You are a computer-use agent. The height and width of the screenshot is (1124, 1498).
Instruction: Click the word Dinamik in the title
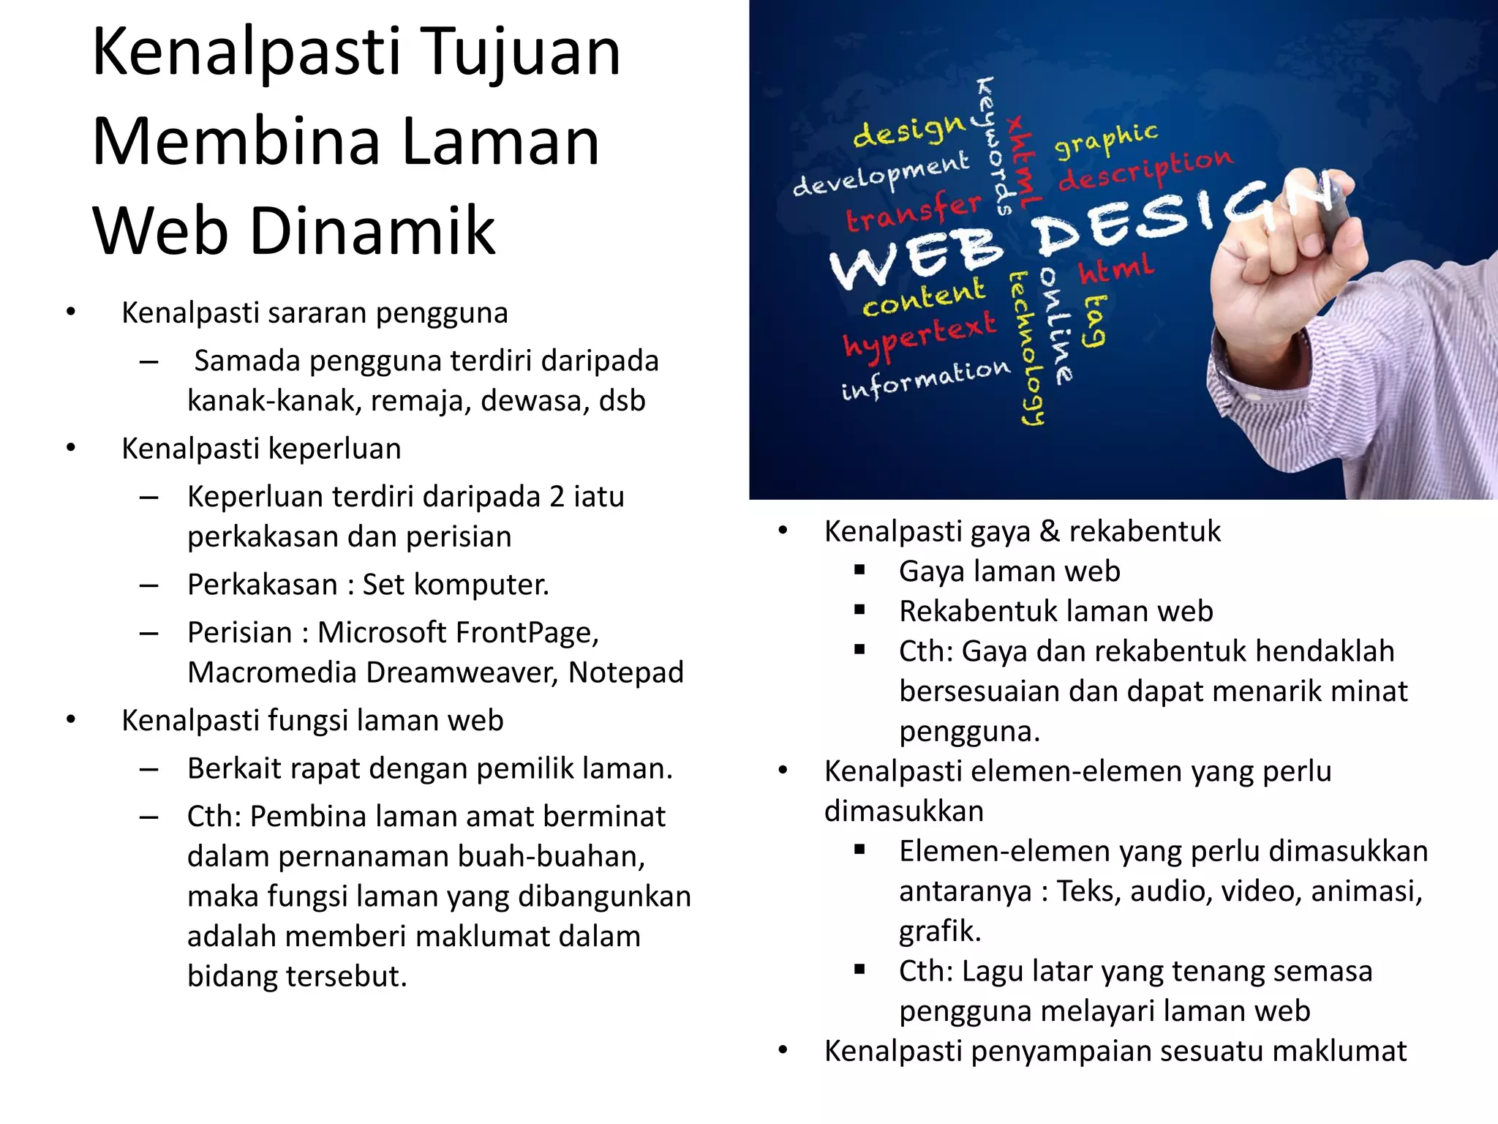click(x=373, y=231)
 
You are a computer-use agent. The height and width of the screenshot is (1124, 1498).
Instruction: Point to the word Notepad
click(x=626, y=672)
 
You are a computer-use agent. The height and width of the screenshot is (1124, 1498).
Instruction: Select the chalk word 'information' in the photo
click(x=925, y=380)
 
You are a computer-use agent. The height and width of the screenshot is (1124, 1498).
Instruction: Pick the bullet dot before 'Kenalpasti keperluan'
click(x=71, y=448)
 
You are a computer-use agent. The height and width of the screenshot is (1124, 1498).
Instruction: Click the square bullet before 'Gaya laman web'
click(x=859, y=570)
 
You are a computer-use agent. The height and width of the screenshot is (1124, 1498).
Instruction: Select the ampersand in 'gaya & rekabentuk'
click(x=1050, y=531)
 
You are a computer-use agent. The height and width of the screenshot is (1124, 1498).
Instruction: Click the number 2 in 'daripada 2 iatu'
click(x=557, y=497)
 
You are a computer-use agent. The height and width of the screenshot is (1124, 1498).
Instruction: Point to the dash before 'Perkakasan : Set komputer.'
click(x=149, y=585)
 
